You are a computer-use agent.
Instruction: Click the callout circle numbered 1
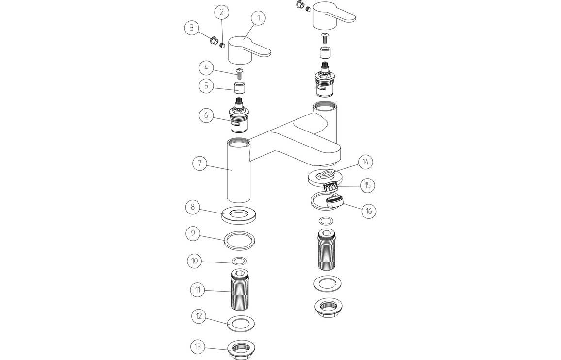pos(258,18)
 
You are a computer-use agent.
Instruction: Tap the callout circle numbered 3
pos(192,28)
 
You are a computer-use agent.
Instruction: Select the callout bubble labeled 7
pos(199,163)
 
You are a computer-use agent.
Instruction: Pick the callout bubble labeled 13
pos(198,347)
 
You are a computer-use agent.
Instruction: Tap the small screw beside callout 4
pos(239,73)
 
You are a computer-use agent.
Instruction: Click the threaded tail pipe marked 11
pos(239,291)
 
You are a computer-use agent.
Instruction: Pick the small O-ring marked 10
pos(239,261)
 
